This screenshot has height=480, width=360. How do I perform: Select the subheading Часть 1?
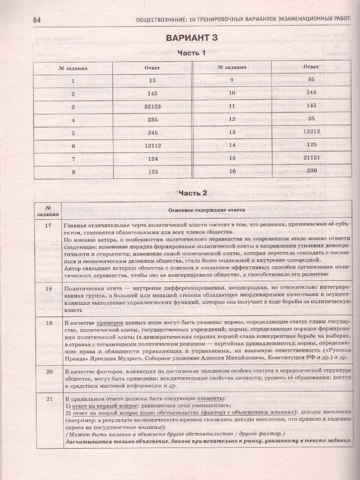(x=192, y=53)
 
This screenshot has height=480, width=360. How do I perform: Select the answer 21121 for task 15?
(x=311, y=158)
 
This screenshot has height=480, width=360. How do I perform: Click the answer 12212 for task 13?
(x=311, y=132)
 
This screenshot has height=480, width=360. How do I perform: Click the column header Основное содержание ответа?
(x=206, y=210)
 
